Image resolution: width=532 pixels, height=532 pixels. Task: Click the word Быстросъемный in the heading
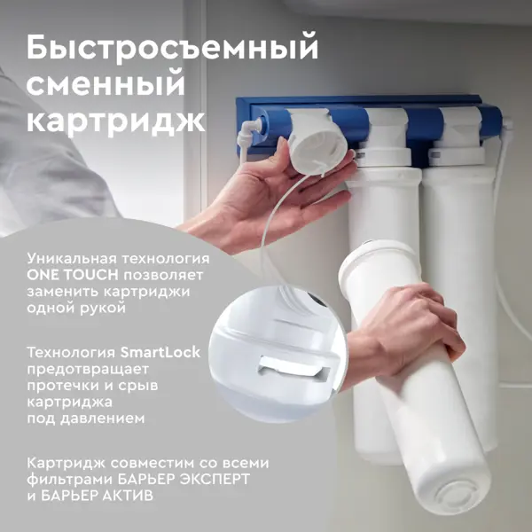tap(172, 49)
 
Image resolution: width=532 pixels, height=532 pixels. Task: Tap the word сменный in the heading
tap(106, 85)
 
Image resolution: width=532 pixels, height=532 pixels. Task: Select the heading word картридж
tap(115, 121)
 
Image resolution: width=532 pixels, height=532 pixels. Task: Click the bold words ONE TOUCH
tap(73, 275)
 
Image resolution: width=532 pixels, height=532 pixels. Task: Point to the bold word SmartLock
tap(160, 352)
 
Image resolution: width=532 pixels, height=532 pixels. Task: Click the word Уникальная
tap(72, 259)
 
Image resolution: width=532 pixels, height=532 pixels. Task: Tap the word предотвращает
tap(88, 370)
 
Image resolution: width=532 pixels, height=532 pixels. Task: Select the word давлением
tap(103, 419)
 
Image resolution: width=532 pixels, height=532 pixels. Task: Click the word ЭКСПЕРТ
tap(214, 479)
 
